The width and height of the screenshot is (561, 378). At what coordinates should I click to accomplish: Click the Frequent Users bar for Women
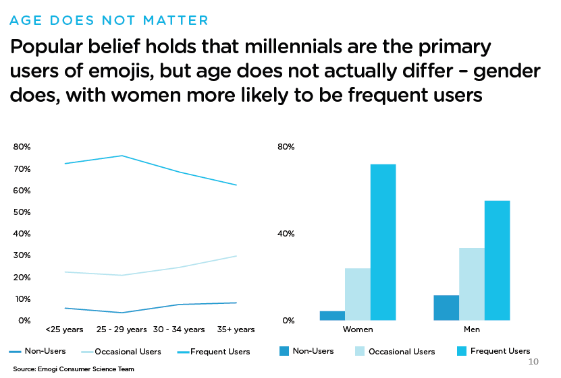[383, 243]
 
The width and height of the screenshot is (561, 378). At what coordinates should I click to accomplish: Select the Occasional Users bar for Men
[472, 284]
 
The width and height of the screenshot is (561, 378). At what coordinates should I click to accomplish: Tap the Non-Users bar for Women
[332, 315]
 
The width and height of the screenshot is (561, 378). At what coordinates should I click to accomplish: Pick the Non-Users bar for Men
[446, 308]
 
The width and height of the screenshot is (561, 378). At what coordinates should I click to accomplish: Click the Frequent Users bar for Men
[498, 261]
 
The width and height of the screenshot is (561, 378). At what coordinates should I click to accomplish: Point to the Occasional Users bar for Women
[358, 294]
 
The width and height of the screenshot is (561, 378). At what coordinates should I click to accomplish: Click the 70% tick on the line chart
[22, 169]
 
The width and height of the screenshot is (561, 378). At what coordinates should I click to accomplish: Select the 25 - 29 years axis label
[122, 329]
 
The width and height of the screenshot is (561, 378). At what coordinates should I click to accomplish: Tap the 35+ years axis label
[236, 329]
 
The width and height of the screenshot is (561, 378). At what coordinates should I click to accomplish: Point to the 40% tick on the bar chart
[287, 234]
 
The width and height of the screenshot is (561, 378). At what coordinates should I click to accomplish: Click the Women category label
[358, 329]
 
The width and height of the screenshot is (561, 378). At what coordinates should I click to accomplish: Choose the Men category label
[472, 329]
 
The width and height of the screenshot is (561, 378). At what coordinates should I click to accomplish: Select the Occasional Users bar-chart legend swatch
[359, 351]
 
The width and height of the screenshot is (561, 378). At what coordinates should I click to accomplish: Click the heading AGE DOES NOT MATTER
[109, 20]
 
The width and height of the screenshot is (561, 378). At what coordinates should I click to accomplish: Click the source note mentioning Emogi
[74, 369]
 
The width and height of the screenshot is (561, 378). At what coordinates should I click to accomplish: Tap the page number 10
[533, 363]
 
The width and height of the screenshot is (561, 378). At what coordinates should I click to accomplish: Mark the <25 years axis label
[64, 329]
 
